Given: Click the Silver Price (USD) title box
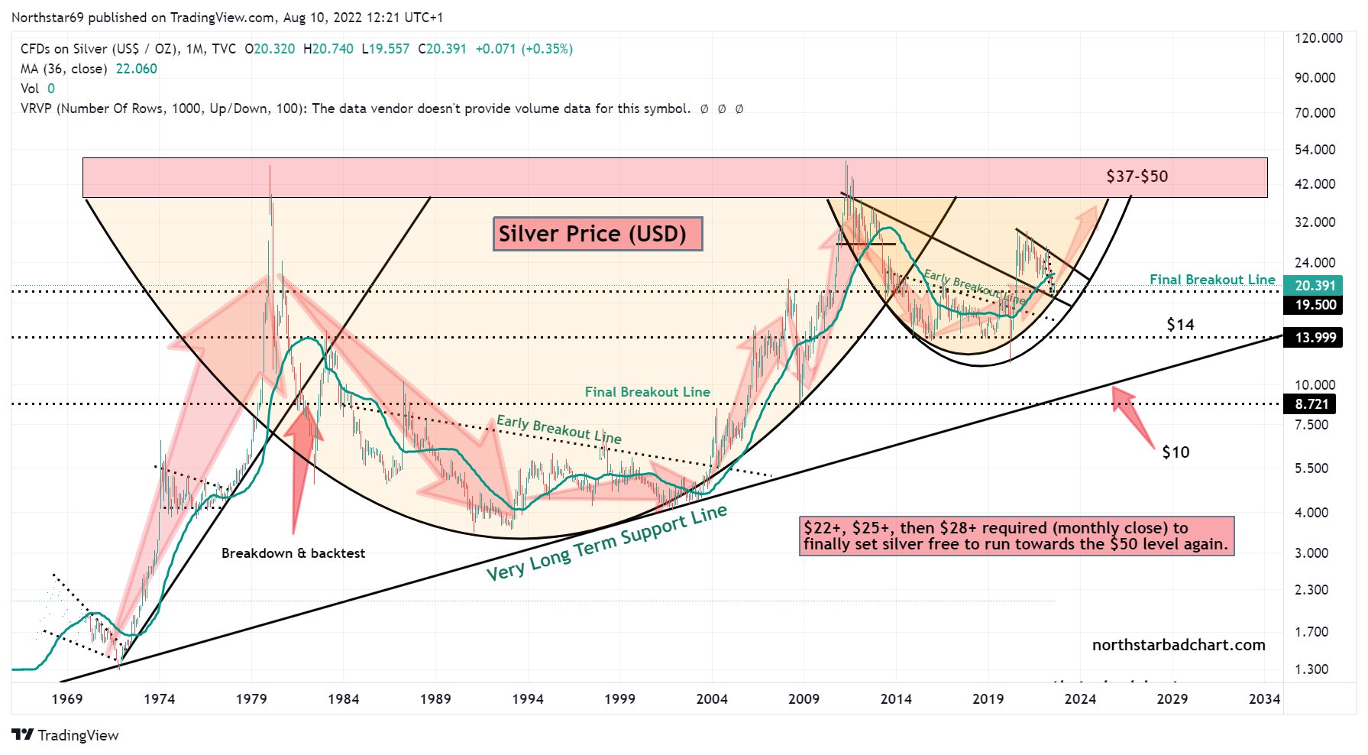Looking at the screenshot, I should click(597, 234).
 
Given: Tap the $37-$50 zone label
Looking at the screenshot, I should click(1137, 177).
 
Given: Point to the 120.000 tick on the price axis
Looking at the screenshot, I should click(1318, 38).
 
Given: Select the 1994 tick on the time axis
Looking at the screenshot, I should click(528, 698).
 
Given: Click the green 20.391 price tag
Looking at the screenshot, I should click(1315, 286).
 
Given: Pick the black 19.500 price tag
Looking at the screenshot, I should click(1315, 305).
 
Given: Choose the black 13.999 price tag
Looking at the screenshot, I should click(1315, 338).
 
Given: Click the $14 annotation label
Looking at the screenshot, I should click(1180, 325).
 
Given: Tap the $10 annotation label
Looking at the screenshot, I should click(1176, 452).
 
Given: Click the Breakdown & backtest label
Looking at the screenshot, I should click(293, 553).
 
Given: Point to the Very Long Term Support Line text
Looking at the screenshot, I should click(606, 543).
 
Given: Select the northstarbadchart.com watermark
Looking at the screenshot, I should click(1179, 645).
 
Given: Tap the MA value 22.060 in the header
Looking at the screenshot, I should click(136, 69).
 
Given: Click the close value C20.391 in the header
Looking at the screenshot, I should click(442, 49).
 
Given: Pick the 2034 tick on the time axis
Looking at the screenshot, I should click(1264, 698).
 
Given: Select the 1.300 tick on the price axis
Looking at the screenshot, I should click(1311, 669).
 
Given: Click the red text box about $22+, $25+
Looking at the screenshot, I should click(1016, 536).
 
